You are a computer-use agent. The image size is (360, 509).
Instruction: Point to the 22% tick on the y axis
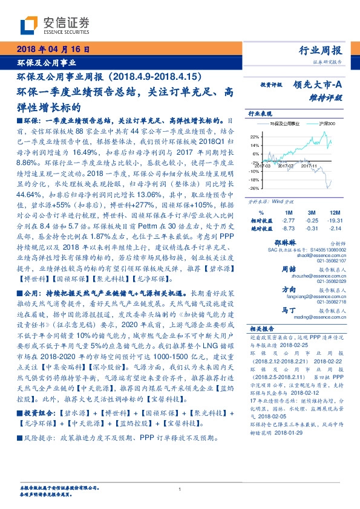pos(253,137)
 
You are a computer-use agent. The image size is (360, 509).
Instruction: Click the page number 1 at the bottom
pos(180,489)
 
